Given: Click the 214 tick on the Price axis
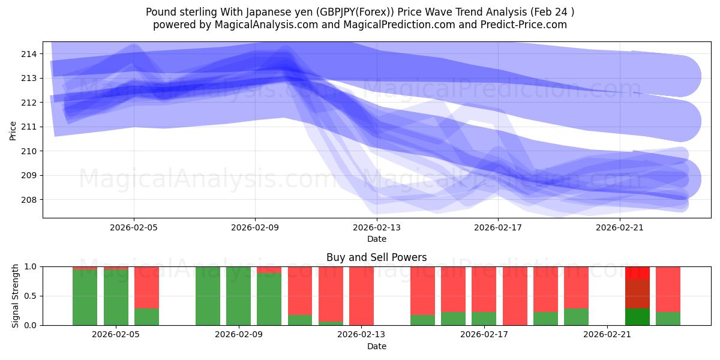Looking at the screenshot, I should pyautogui.click(x=29, y=54).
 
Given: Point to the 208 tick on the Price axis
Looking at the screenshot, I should pyautogui.click(x=29, y=200).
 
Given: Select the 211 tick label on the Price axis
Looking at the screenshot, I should pyautogui.click(x=29, y=127).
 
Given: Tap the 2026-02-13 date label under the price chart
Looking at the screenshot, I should pyautogui.click(x=376, y=227).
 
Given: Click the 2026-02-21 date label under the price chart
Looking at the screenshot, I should pyautogui.click(x=619, y=227).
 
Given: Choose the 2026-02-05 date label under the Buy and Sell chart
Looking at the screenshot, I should pyautogui.click(x=116, y=335).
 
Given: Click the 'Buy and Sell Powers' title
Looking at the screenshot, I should pyautogui.click(x=376, y=257).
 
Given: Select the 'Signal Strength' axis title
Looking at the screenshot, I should pyautogui.click(x=16, y=296).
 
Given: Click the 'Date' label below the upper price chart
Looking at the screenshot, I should pyautogui.click(x=376, y=239).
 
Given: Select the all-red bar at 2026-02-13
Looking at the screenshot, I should pyautogui.click(x=361, y=296).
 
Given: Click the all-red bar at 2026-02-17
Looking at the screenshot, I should pyautogui.click(x=515, y=296).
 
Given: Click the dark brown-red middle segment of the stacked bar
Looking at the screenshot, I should pyautogui.click(x=637, y=294).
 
